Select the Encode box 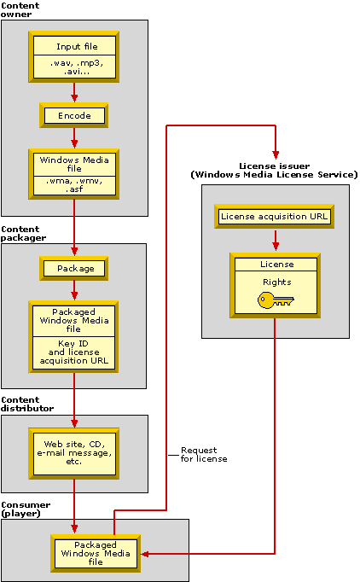click(x=74, y=115)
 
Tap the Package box click(x=74, y=268)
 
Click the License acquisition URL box click(x=273, y=217)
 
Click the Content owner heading click(x=20, y=10)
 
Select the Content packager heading click(x=24, y=234)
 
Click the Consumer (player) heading click(x=26, y=509)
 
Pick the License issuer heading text click(x=273, y=170)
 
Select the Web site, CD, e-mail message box click(x=74, y=449)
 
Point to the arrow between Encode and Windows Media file click(x=74, y=137)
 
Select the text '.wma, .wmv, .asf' click(x=74, y=186)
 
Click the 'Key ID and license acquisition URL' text click(x=74, y=351)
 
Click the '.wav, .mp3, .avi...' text click(x=74, y=67)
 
